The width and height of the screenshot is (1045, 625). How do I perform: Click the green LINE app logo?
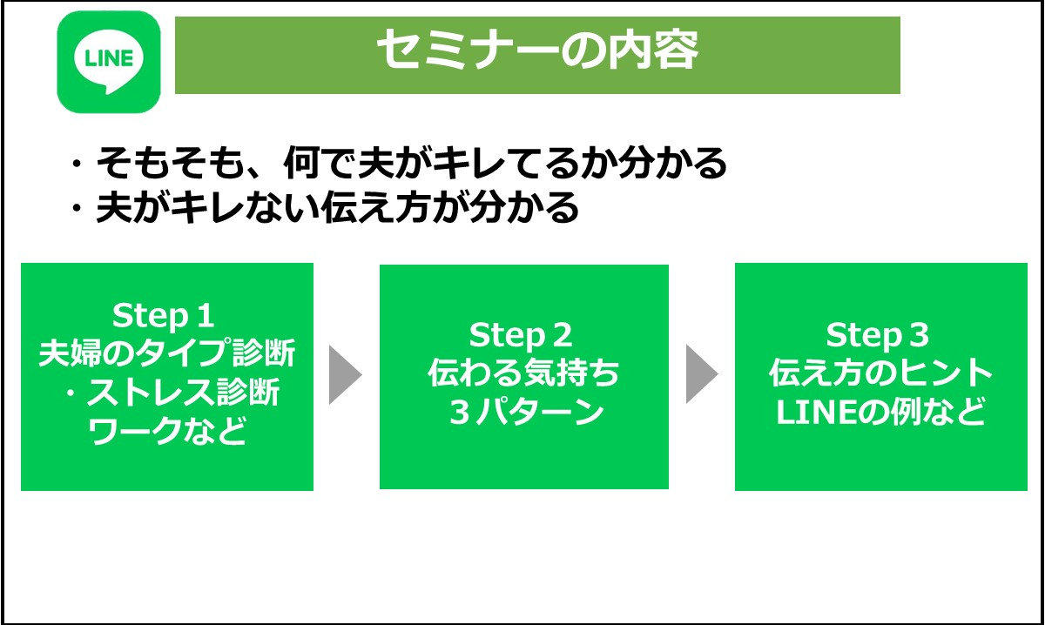(x=109, y=62)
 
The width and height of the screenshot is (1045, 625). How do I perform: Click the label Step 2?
(x=522, y=335)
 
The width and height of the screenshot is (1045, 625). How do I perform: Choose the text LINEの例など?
(x=880, y=413)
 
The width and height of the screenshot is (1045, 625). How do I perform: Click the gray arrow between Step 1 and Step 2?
(x=344, y=375)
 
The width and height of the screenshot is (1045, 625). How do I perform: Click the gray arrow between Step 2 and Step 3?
(x=702, y=375)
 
